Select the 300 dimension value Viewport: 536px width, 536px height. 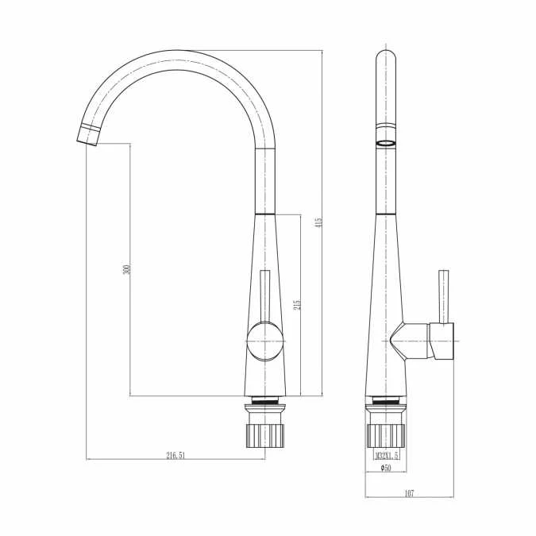pyautogui.click(x=127, y=270)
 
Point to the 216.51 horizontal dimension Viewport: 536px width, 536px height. pyautogui.click(x=175, y=455)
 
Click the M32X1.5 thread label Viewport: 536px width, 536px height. pyautogui.click(x=387, y=456)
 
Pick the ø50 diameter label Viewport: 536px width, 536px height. pyautogui.click(x=385, y=469)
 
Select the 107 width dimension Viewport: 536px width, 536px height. pyautogui.click(x=409, y=493)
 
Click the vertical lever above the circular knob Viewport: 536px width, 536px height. pyautogui.click(x=266, y=294)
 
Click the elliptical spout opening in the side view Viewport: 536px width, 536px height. pyautogui.click(x=385, y=144)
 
